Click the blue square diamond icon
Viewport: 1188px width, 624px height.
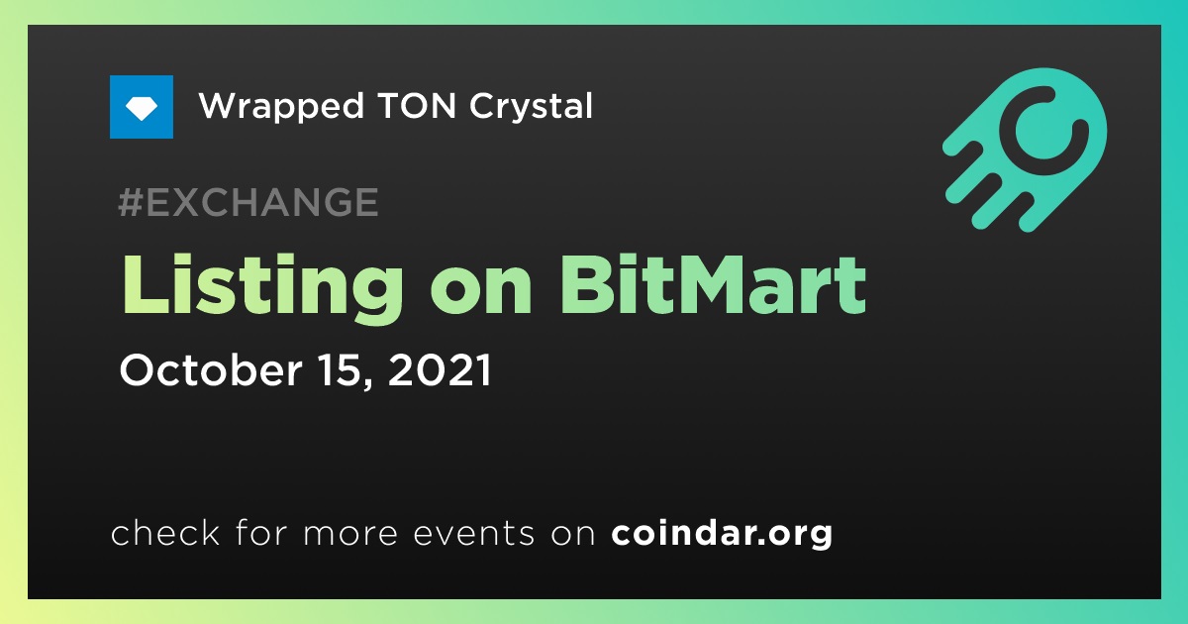pos(142,107)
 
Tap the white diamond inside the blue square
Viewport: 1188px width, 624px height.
pos(142,108)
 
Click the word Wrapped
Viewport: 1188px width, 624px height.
pos(281,107)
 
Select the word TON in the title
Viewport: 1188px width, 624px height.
pos(417,105)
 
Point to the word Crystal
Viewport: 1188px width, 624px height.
pos(531,107)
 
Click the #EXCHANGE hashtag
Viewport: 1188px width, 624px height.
pos(248,202)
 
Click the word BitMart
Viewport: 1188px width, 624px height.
pos(712,284)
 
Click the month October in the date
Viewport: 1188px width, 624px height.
pos(211,369)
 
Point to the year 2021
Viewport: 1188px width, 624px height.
pos(441,369)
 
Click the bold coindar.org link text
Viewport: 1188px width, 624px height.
pos(722,534)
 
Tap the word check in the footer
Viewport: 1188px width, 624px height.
pos(165,532)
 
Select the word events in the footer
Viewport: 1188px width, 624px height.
pos(474,533)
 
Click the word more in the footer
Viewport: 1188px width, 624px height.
pos(350,534)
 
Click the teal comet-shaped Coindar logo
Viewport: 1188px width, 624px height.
pos(1025,150)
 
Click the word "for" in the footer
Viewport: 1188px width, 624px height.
pos(261,532)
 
